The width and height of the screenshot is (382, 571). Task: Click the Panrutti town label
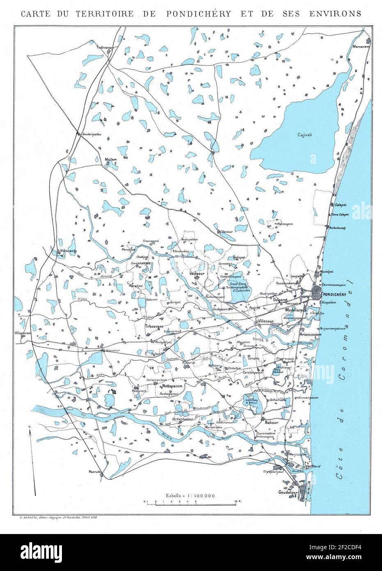coord(94,472)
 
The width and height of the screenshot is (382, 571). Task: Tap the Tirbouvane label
coord(155,326)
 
